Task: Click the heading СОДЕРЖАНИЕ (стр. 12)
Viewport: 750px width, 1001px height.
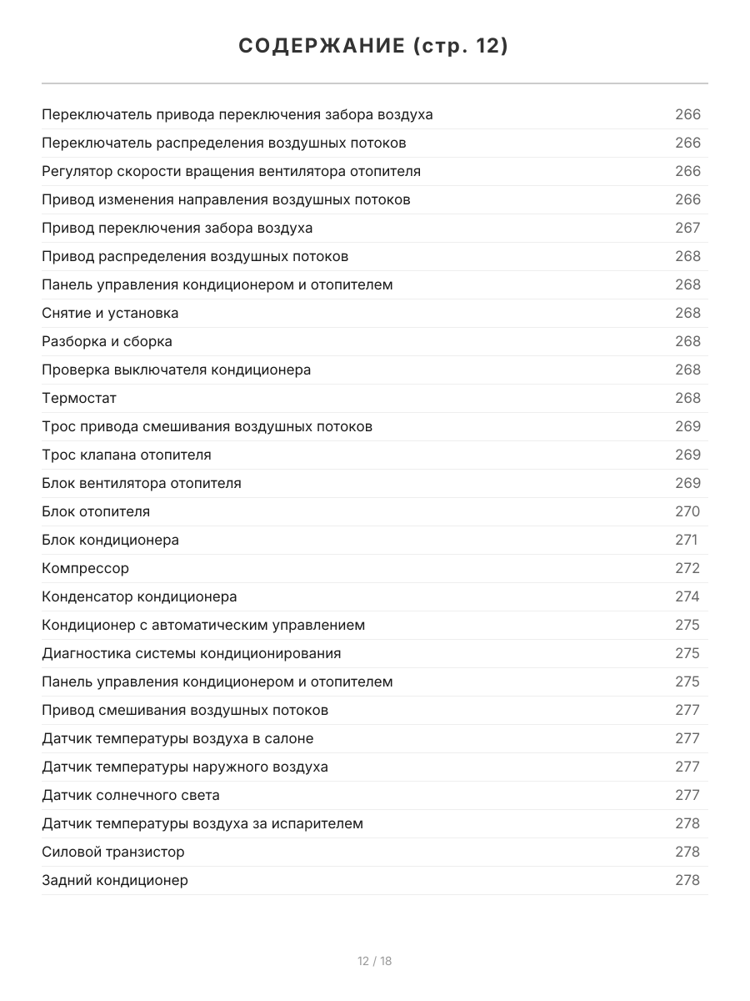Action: point(373,46)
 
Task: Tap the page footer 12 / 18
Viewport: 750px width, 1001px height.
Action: point(374,961)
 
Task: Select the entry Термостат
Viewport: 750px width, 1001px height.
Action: point(79,398)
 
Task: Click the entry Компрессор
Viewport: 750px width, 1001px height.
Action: point(85,568)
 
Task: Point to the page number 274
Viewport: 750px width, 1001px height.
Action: point(687,596)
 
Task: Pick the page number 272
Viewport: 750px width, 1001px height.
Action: point(687,568)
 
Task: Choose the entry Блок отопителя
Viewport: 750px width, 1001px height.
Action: point(96,511)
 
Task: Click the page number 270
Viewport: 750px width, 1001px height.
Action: point(687,511)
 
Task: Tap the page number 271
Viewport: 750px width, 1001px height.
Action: point(686,540)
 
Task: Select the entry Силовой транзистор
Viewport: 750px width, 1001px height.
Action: point(113,852)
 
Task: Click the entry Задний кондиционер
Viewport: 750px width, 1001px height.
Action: point(115,880)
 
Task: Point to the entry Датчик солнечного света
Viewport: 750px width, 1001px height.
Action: point(131,795)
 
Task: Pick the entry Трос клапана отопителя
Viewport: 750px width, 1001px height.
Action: point(127,455)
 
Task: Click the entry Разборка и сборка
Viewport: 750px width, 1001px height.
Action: point(107,341)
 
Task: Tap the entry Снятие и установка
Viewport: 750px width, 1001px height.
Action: point(110,313)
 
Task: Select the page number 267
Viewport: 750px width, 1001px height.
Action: point(687,228)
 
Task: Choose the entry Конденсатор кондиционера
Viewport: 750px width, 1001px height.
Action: point(139,596)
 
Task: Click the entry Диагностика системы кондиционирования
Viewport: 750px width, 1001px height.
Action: point(191,653)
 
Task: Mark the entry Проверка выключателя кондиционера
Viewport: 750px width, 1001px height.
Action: point(176,370)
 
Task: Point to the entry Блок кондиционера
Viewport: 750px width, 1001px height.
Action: point(110,540)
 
